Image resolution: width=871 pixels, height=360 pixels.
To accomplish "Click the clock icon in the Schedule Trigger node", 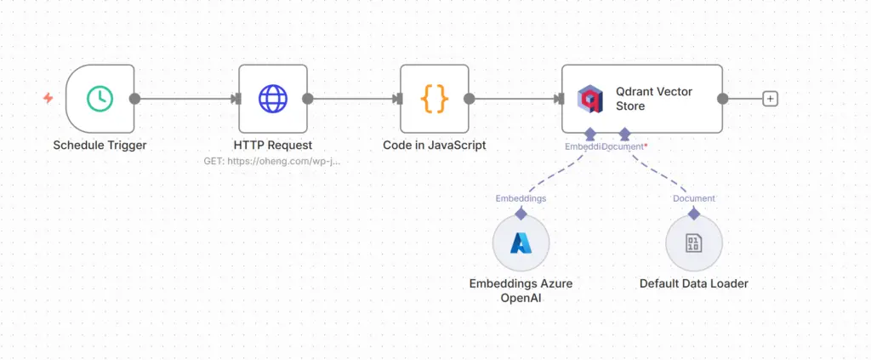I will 100,99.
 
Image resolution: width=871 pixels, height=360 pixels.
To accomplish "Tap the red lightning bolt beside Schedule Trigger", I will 48,99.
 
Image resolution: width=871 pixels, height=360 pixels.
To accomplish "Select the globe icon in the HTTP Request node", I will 272,99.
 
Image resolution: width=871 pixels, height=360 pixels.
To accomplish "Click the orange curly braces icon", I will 435,99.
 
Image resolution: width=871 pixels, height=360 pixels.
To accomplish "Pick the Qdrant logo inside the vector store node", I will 589,99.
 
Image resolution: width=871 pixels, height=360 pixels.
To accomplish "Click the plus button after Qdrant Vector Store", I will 770,99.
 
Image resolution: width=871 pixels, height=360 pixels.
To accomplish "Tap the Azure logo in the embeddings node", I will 521,243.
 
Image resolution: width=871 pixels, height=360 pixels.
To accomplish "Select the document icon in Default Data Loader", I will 693,243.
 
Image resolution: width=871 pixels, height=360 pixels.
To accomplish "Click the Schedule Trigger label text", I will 100,145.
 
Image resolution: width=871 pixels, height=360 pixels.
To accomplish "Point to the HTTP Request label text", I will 272,145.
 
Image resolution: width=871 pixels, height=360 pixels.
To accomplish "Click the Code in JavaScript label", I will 434,145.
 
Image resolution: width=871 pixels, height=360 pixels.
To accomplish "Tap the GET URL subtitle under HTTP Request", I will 272,160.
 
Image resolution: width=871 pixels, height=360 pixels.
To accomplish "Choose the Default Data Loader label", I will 693,283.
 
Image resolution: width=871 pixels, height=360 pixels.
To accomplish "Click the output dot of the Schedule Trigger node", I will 134,99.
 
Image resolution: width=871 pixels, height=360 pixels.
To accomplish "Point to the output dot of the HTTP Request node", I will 307,99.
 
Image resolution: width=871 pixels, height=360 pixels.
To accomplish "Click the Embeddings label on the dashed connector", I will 521,198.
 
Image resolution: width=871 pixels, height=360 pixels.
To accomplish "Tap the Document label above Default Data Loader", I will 693,198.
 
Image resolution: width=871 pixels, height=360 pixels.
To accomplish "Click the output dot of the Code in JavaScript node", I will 470,99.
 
